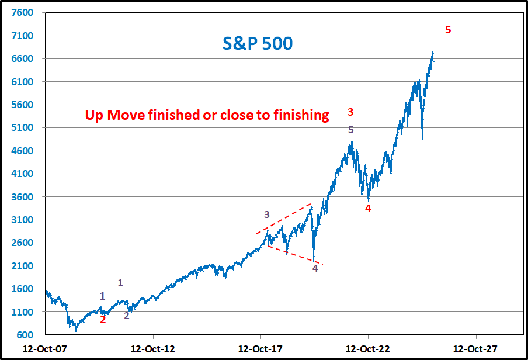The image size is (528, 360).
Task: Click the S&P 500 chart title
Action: pos(258,44)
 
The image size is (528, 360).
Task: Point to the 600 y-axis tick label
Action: pos(28,335)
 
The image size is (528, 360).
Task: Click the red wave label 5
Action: pos(448,30)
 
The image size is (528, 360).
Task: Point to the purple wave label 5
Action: pos(351,130)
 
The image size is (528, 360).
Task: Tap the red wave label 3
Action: pos(351,112)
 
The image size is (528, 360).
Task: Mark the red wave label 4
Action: pos(368,208)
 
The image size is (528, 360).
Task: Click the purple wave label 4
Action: pos(315,268)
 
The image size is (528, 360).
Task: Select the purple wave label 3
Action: pos(267,214)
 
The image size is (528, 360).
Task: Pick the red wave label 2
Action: pos(103,320)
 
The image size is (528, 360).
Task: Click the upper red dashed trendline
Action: pos(284,219)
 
